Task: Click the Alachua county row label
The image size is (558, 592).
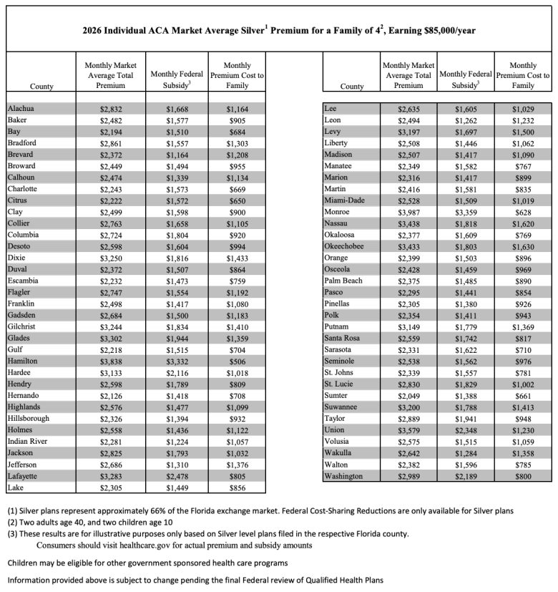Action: [x=21, y=109]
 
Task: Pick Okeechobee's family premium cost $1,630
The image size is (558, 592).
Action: [x=524, y=246]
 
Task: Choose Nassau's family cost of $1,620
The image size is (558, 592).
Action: [x=524, y=223]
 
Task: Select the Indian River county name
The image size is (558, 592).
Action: [x=27, y=442]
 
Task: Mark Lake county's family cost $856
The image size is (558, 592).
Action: [x=237, y=488]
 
